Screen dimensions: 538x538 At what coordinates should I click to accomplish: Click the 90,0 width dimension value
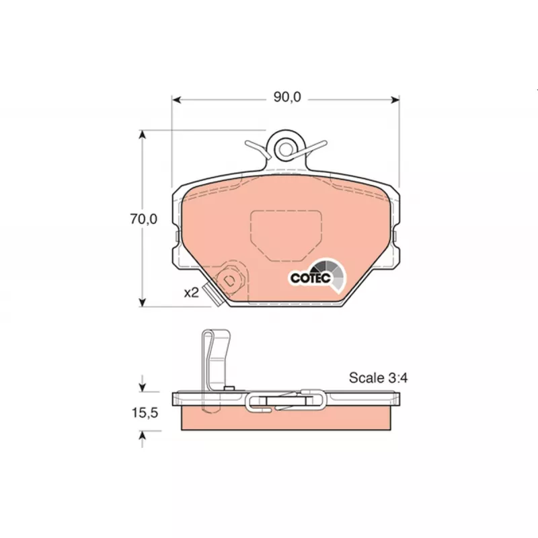tap(287, 98)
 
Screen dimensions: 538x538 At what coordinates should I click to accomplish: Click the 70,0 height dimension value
tap(143, 219)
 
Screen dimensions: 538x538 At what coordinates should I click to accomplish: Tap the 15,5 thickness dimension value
tap(145, 413)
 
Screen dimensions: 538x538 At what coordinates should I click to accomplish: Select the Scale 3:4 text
tap(378, 378)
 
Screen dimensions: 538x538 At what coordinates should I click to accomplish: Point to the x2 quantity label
tap(192, 293)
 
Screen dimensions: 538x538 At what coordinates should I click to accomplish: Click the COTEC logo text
tap(311, 278)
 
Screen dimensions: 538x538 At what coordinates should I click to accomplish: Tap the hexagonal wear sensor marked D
tap(229, 280)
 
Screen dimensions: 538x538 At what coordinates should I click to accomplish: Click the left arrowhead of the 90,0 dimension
tap(176, 100)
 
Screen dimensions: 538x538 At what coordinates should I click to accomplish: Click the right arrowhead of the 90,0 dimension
tap(395, 100)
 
